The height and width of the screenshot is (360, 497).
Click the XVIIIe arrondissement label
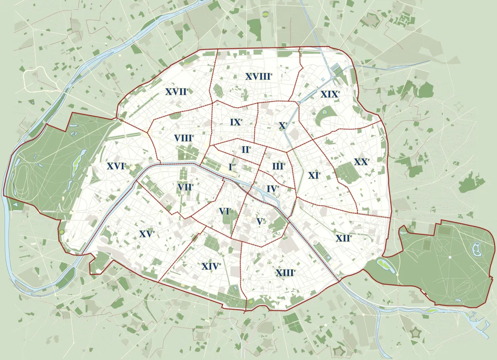[258, 76]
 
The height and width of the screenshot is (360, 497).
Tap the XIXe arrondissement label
[330, 94]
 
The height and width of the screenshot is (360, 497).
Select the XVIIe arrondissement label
[177, 92]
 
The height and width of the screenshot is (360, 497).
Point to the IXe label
[236, 122]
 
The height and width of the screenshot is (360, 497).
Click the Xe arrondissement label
[283, 126]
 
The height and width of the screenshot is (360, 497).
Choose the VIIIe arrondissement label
[184, 138]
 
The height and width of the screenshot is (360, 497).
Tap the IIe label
[246, 149]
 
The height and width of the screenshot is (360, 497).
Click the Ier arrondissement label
[232, 167]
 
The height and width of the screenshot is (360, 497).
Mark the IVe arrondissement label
[273, 189]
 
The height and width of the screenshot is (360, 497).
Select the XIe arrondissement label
[315, 175]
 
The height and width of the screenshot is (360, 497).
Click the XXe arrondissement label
[361, 162]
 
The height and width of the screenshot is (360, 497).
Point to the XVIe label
[116, 166]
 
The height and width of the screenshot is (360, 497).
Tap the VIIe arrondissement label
[186, 187]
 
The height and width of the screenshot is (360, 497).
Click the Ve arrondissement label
[261, 221]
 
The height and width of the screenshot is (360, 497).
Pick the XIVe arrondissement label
[211, 266]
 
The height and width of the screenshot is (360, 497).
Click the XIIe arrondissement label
[344, 238]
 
